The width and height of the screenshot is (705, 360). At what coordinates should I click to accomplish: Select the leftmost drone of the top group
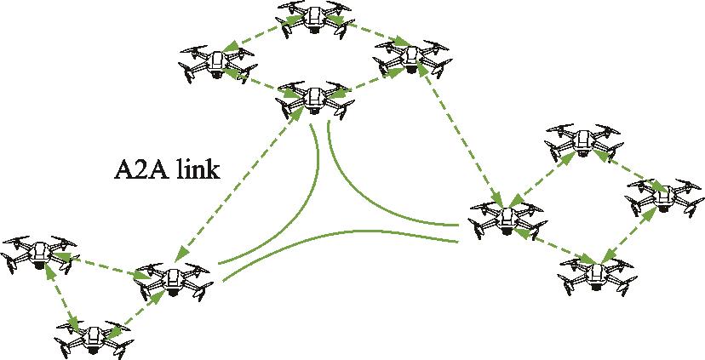click(217, 62)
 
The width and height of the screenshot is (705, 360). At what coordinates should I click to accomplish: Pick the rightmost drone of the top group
click(411, 57)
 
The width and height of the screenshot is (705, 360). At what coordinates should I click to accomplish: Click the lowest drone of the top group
click(313, 100)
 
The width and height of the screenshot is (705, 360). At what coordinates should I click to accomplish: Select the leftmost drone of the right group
click(506, 217)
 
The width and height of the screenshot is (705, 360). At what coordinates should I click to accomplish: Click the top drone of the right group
click(583, 141)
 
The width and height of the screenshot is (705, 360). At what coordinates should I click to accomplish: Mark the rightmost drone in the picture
click(665, 199)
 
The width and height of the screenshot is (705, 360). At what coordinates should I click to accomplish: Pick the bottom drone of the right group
click(596, 273)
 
